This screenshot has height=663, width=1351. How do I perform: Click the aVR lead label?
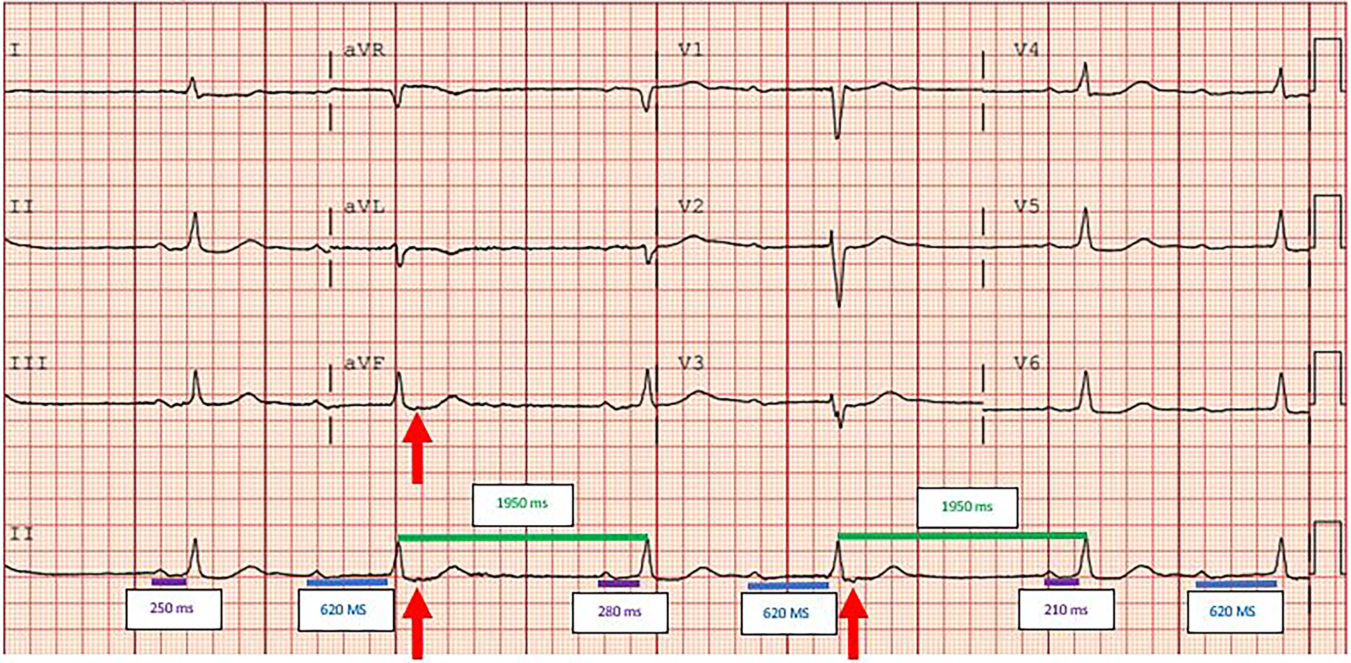364,50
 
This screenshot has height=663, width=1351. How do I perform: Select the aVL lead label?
364,206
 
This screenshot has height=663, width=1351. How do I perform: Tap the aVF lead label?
364,364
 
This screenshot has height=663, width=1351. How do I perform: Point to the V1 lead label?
690,50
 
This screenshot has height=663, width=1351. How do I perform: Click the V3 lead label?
691,363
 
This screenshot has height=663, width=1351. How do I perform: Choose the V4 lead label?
1026,50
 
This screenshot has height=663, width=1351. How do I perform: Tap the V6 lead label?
1026,363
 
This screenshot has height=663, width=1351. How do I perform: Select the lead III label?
28,364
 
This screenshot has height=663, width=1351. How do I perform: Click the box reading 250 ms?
174,609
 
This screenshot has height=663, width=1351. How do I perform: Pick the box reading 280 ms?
620,612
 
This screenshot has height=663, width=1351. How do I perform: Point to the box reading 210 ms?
1066,610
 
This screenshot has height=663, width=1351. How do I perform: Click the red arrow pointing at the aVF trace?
417,447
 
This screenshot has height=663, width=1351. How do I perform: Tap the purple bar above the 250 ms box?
168,582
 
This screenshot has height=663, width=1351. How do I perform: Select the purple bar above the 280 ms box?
618,584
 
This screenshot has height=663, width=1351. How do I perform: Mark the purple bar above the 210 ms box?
1062,582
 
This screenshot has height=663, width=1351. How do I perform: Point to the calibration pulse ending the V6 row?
1323,377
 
